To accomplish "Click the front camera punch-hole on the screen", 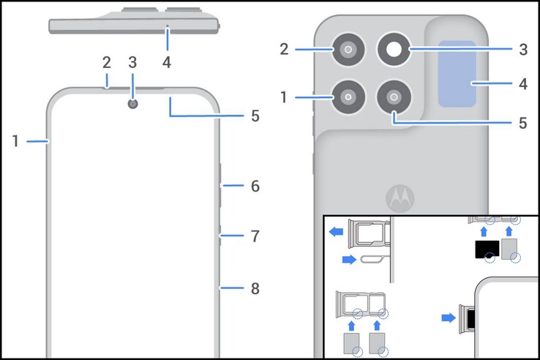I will (132, 104).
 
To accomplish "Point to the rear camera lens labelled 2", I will (348, 50).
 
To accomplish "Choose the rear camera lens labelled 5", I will (395, 97).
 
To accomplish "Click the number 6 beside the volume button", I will (255, 187).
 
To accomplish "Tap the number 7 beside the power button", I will (255, 236).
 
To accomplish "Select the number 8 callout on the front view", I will (255, 289).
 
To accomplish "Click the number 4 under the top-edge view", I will (167, 62).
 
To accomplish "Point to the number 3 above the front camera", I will (132, 62).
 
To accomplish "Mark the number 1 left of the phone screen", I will (15, 141).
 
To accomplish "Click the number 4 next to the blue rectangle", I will (522, 84).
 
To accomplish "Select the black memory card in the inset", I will (487, 250).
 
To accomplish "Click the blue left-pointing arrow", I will (336, 232).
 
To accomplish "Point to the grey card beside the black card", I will (510, 249).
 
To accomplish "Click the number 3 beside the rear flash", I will (522, 50).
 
